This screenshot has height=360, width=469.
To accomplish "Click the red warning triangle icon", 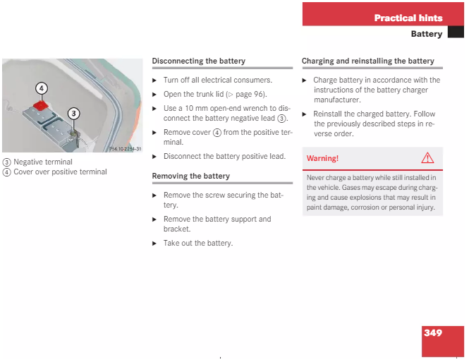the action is point(427,157).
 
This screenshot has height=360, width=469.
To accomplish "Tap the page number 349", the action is point(433,332).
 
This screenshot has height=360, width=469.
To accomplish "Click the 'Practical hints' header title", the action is point(408,18).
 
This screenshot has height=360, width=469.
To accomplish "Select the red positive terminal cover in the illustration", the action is point(41,105).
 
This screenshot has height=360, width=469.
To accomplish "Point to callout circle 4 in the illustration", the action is point(42,88).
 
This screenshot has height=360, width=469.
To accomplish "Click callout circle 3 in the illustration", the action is point(73,114).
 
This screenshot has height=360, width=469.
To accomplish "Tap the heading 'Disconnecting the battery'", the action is point(199,61).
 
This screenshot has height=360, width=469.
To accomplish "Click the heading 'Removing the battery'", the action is point(191,176).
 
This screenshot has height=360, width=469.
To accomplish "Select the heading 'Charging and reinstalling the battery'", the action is point(368,61).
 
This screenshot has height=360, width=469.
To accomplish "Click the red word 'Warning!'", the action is point(322,158).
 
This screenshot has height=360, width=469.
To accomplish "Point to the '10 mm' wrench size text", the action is point(196,108).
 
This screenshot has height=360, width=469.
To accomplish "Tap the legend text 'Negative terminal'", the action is point(43,162).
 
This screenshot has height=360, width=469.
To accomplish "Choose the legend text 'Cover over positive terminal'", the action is point(60,172).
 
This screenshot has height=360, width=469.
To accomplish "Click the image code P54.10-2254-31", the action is point(126,149).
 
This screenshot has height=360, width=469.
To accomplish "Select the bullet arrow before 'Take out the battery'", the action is point(154,244).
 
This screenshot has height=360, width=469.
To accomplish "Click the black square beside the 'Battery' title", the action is point(456,32).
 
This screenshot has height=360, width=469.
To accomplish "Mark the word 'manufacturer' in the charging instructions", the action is point(337,100).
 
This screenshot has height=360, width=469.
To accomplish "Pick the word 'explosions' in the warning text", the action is point(365,198).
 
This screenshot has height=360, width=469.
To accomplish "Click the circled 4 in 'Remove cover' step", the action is point(217,132).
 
